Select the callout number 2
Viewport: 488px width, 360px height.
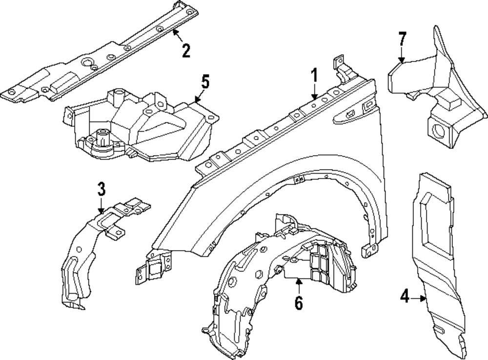(x=185, y=50)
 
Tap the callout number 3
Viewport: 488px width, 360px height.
(x=101, y=189)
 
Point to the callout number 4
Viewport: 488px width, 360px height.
(x=405, y=297)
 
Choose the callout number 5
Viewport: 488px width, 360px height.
(x=205, y=81)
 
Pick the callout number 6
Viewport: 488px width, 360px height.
(x=299, y=303)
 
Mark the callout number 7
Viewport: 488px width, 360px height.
(x=402, y=38)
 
